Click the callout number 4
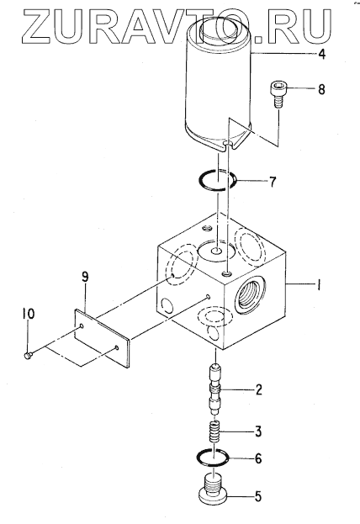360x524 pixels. pos(321,54)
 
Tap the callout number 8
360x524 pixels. pos(321,89)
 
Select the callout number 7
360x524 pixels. pos(273,182)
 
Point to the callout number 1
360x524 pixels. pos(319,285)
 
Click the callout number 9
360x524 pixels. pos(85,278)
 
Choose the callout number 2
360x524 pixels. pos(258,389)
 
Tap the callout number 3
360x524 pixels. pos(258,431)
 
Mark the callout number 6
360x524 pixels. pos(258,459)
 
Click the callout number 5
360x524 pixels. pos(258,496)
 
